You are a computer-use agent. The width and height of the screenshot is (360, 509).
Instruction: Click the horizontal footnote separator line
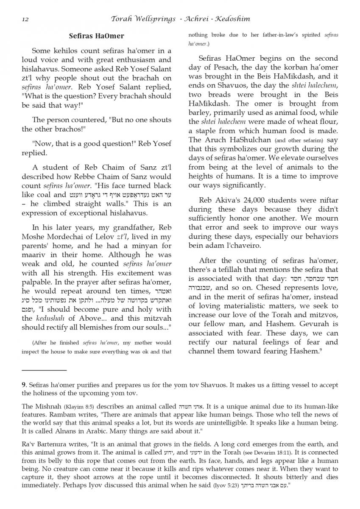pos(44,370)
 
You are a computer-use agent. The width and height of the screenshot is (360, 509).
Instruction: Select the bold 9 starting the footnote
pos(24,385)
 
